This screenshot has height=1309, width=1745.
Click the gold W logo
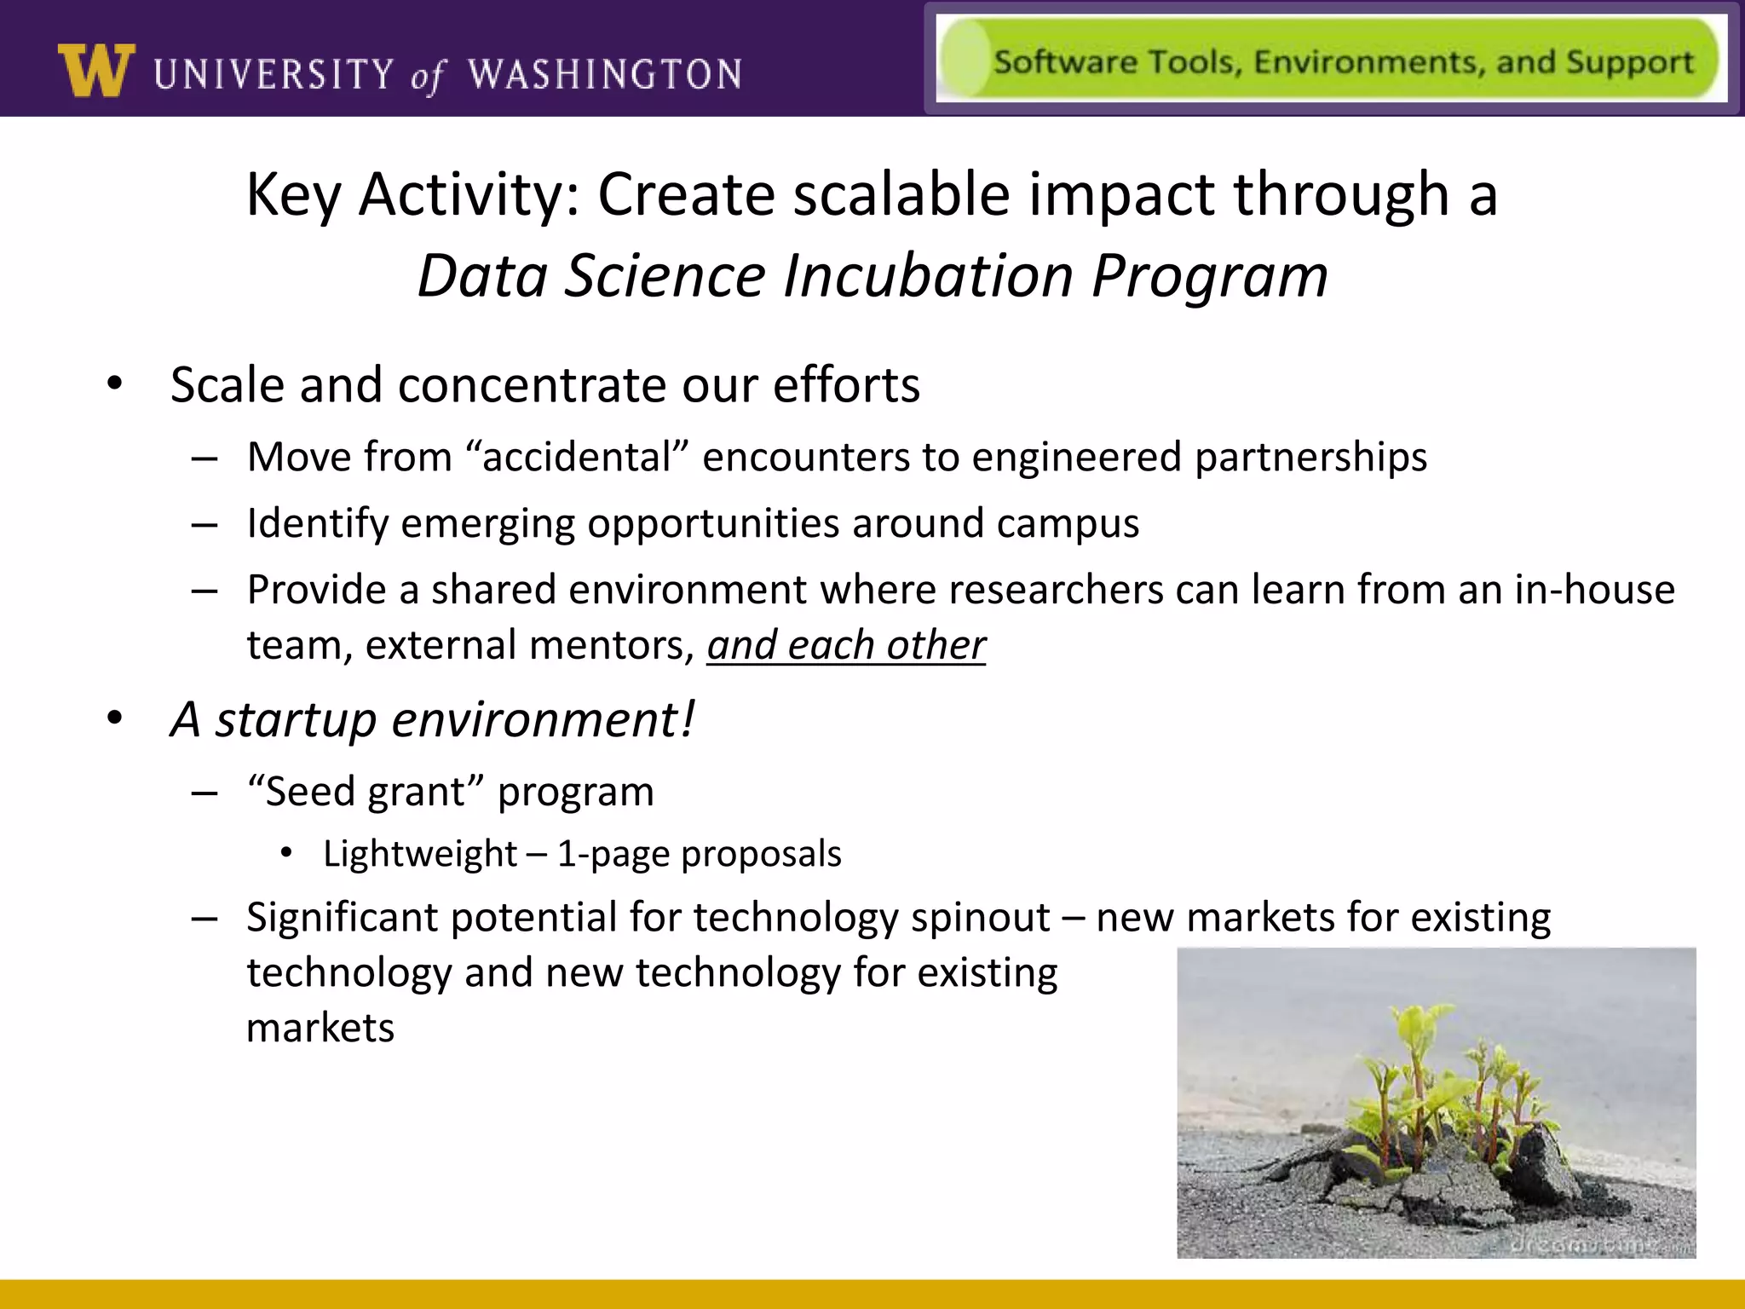click(96, 71)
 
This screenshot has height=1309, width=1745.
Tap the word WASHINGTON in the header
click(605, 74)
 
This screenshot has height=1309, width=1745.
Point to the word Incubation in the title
click(928, 276)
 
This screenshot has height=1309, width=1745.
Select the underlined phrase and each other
click(846, 645)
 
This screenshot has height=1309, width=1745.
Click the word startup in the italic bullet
click(296, 719)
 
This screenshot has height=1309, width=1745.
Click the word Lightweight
click(420, 854)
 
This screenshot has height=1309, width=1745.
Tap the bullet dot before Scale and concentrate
click(115, 383)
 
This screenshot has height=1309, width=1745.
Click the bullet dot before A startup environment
click(115, 718)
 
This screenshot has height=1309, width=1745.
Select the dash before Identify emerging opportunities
click(204, 524)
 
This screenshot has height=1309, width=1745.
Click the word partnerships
click(1310, 457)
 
